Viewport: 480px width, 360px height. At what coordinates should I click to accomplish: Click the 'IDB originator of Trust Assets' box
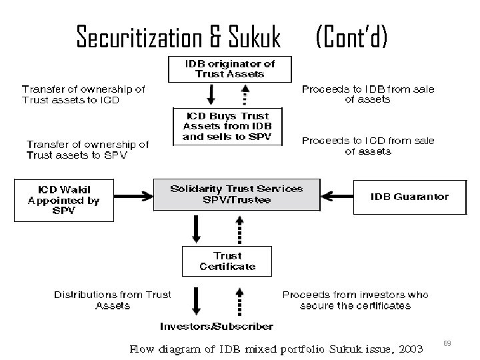click(229, 69)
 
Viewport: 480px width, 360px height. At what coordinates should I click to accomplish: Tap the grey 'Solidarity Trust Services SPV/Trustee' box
click(236, 194)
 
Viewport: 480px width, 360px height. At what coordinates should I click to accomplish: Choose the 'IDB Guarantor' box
click(409, 197)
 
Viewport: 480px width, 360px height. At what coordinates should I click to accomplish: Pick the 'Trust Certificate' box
click(227, 261)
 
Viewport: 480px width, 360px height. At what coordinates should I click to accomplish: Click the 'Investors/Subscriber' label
click(216, 327)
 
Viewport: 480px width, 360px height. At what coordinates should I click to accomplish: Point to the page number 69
click(447, 343)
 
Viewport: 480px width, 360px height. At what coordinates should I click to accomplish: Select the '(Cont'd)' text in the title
click(351, 37)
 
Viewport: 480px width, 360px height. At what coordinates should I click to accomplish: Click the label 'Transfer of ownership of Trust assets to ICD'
click(83, 94)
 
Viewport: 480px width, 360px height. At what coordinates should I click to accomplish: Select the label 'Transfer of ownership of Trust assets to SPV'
click(87, 149)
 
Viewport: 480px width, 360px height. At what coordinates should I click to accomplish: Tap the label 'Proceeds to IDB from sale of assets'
click(367, 94)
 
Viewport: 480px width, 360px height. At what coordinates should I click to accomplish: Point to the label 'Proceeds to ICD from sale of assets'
click(368, 146)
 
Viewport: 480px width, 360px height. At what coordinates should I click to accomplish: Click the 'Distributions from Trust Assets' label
click(112, 300)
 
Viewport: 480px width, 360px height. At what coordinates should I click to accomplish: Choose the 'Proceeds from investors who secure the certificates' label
click(355, 300)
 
